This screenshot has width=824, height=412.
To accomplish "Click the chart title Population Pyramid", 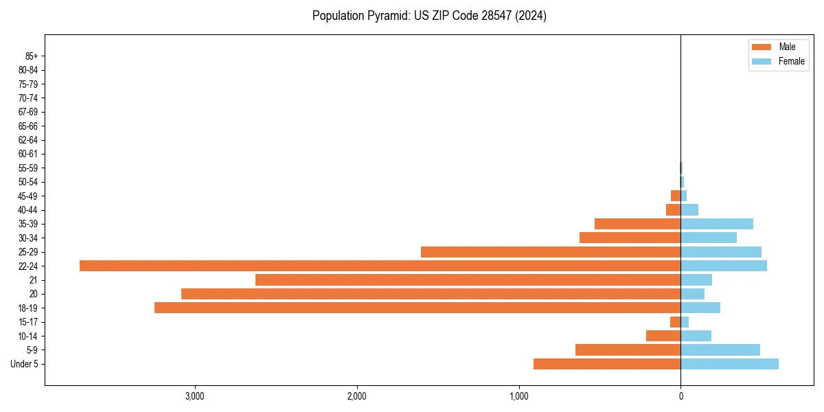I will [x=429, y=16].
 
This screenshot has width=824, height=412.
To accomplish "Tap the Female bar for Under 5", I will [x=729, y=364].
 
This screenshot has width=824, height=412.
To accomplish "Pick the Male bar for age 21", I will [x=468, y=280].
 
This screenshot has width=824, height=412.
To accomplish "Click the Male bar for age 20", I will [x=431, y=294].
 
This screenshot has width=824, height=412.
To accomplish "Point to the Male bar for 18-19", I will [x=417, y=308].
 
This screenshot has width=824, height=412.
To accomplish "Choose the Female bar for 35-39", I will [x=717, y=224].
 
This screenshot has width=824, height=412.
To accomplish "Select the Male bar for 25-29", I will [x=551, y=252].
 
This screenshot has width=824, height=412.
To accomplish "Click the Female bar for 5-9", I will [x=720, y=350].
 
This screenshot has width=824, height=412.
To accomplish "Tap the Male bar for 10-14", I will [x=663, y=336].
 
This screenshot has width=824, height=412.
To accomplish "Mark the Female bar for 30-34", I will [x=709, y=238].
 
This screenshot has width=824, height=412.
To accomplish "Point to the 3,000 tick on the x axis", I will [x=195, y=396].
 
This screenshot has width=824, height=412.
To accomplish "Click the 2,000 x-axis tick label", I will [x=356, y=396].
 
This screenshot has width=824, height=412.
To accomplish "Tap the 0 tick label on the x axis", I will [x=680, y=396].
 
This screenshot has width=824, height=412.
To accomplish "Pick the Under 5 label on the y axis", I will [x=25, y=364].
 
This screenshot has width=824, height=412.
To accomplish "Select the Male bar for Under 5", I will [x=607, y=364].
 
